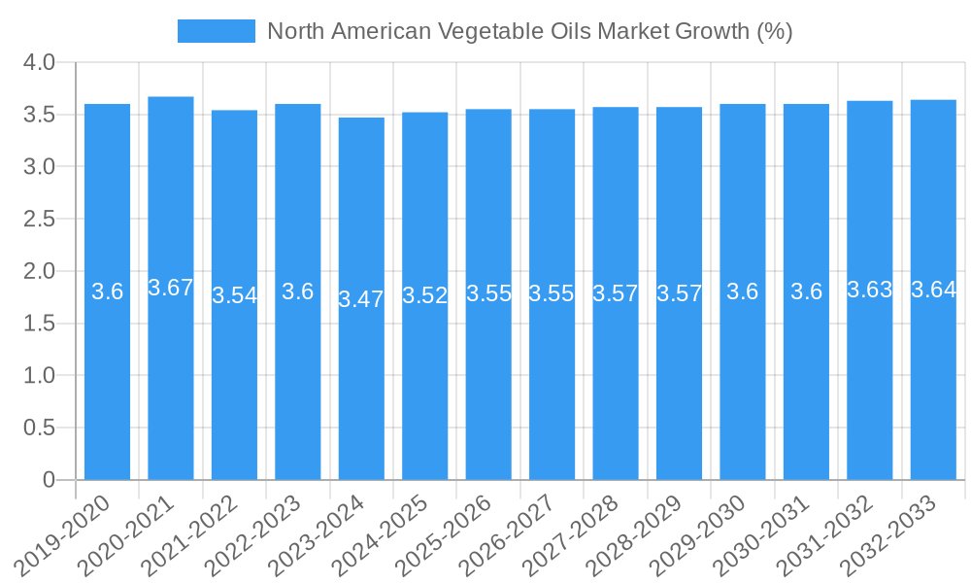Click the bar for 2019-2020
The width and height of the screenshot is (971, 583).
click(107, 291)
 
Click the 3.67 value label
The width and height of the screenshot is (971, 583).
click(171, 288)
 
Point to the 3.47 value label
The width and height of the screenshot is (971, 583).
click(361, 299)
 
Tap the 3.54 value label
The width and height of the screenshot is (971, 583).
click(234, 295)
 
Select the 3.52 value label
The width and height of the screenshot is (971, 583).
click(424, 296)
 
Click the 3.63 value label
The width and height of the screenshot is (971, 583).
click(869, 290)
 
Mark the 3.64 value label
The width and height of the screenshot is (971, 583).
click(933, 290)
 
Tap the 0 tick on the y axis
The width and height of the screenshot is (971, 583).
click(50, 480)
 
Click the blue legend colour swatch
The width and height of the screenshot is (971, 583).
click(216, 31)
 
